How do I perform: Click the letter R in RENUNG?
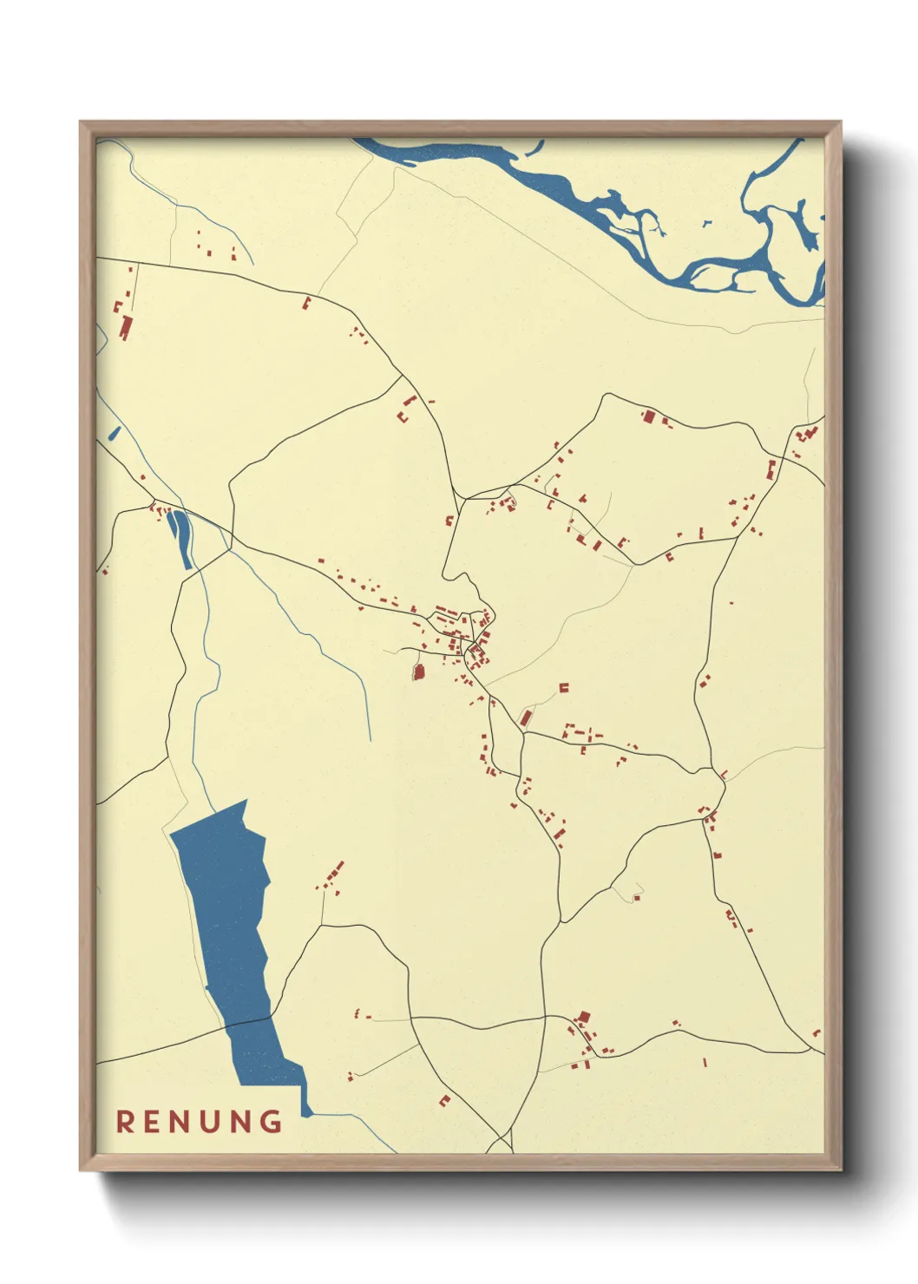pos(126,1122)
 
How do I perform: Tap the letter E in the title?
pos(156,1122)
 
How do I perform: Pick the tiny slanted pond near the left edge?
pos(114,432)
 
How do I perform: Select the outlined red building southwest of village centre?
pos(418,671)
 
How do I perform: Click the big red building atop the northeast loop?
pos(648,416)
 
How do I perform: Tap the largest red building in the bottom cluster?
pos(584,1017)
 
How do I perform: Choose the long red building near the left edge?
pos(126,328)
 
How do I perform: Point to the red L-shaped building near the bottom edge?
pos(445,1100)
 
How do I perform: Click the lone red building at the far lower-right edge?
pos(816,1033)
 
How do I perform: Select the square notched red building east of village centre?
pos(563,688)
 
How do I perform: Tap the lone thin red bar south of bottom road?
pos(705,1062)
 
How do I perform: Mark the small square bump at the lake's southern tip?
pos(306,1110)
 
